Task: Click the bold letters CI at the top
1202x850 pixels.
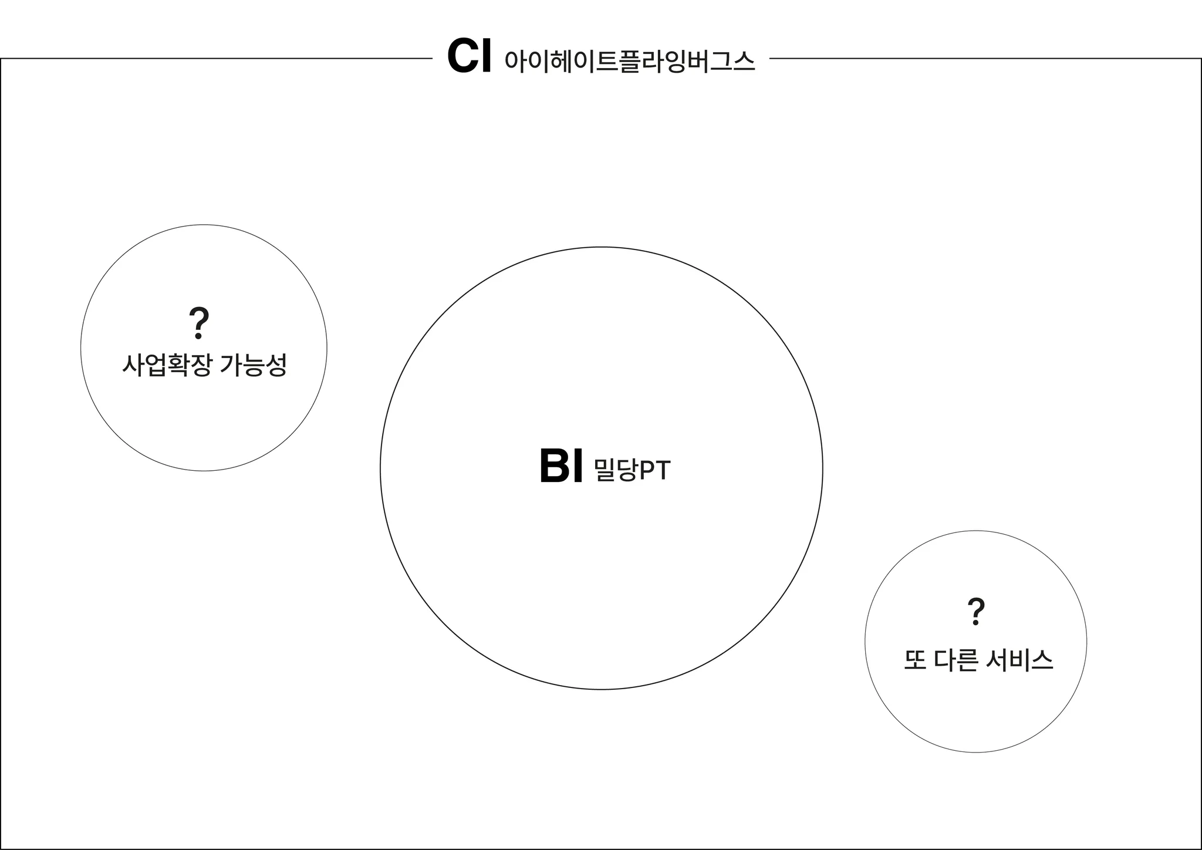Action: click(468, 57)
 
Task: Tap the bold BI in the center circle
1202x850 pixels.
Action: click(561, 467)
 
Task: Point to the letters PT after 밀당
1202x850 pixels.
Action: click(654, 471)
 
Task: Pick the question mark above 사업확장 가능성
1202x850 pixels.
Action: click(199, 322)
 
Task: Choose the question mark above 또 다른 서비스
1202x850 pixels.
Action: click(975, 611)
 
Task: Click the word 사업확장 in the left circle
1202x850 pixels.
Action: click(166, 365)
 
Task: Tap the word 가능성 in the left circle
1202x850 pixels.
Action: click(254, 365)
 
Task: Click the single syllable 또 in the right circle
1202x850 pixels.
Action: click(915, 660)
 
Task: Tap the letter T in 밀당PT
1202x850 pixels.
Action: click(662, 471)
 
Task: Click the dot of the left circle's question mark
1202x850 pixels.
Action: click(198, 336)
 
